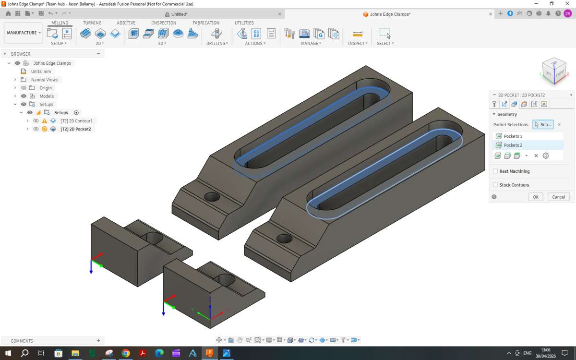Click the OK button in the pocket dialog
tap(536, 197)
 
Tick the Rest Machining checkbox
tap(495, 171)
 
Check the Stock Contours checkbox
tap(495, 185)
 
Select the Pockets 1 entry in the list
tap(513, 136)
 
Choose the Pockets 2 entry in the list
tap(513, 145)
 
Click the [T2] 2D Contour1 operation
tap(76, 121)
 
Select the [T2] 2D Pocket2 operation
tap(76, 129)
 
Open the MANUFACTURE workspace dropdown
tap(24, 33)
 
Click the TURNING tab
tap(92, 23)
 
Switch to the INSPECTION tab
tap(164, 23)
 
